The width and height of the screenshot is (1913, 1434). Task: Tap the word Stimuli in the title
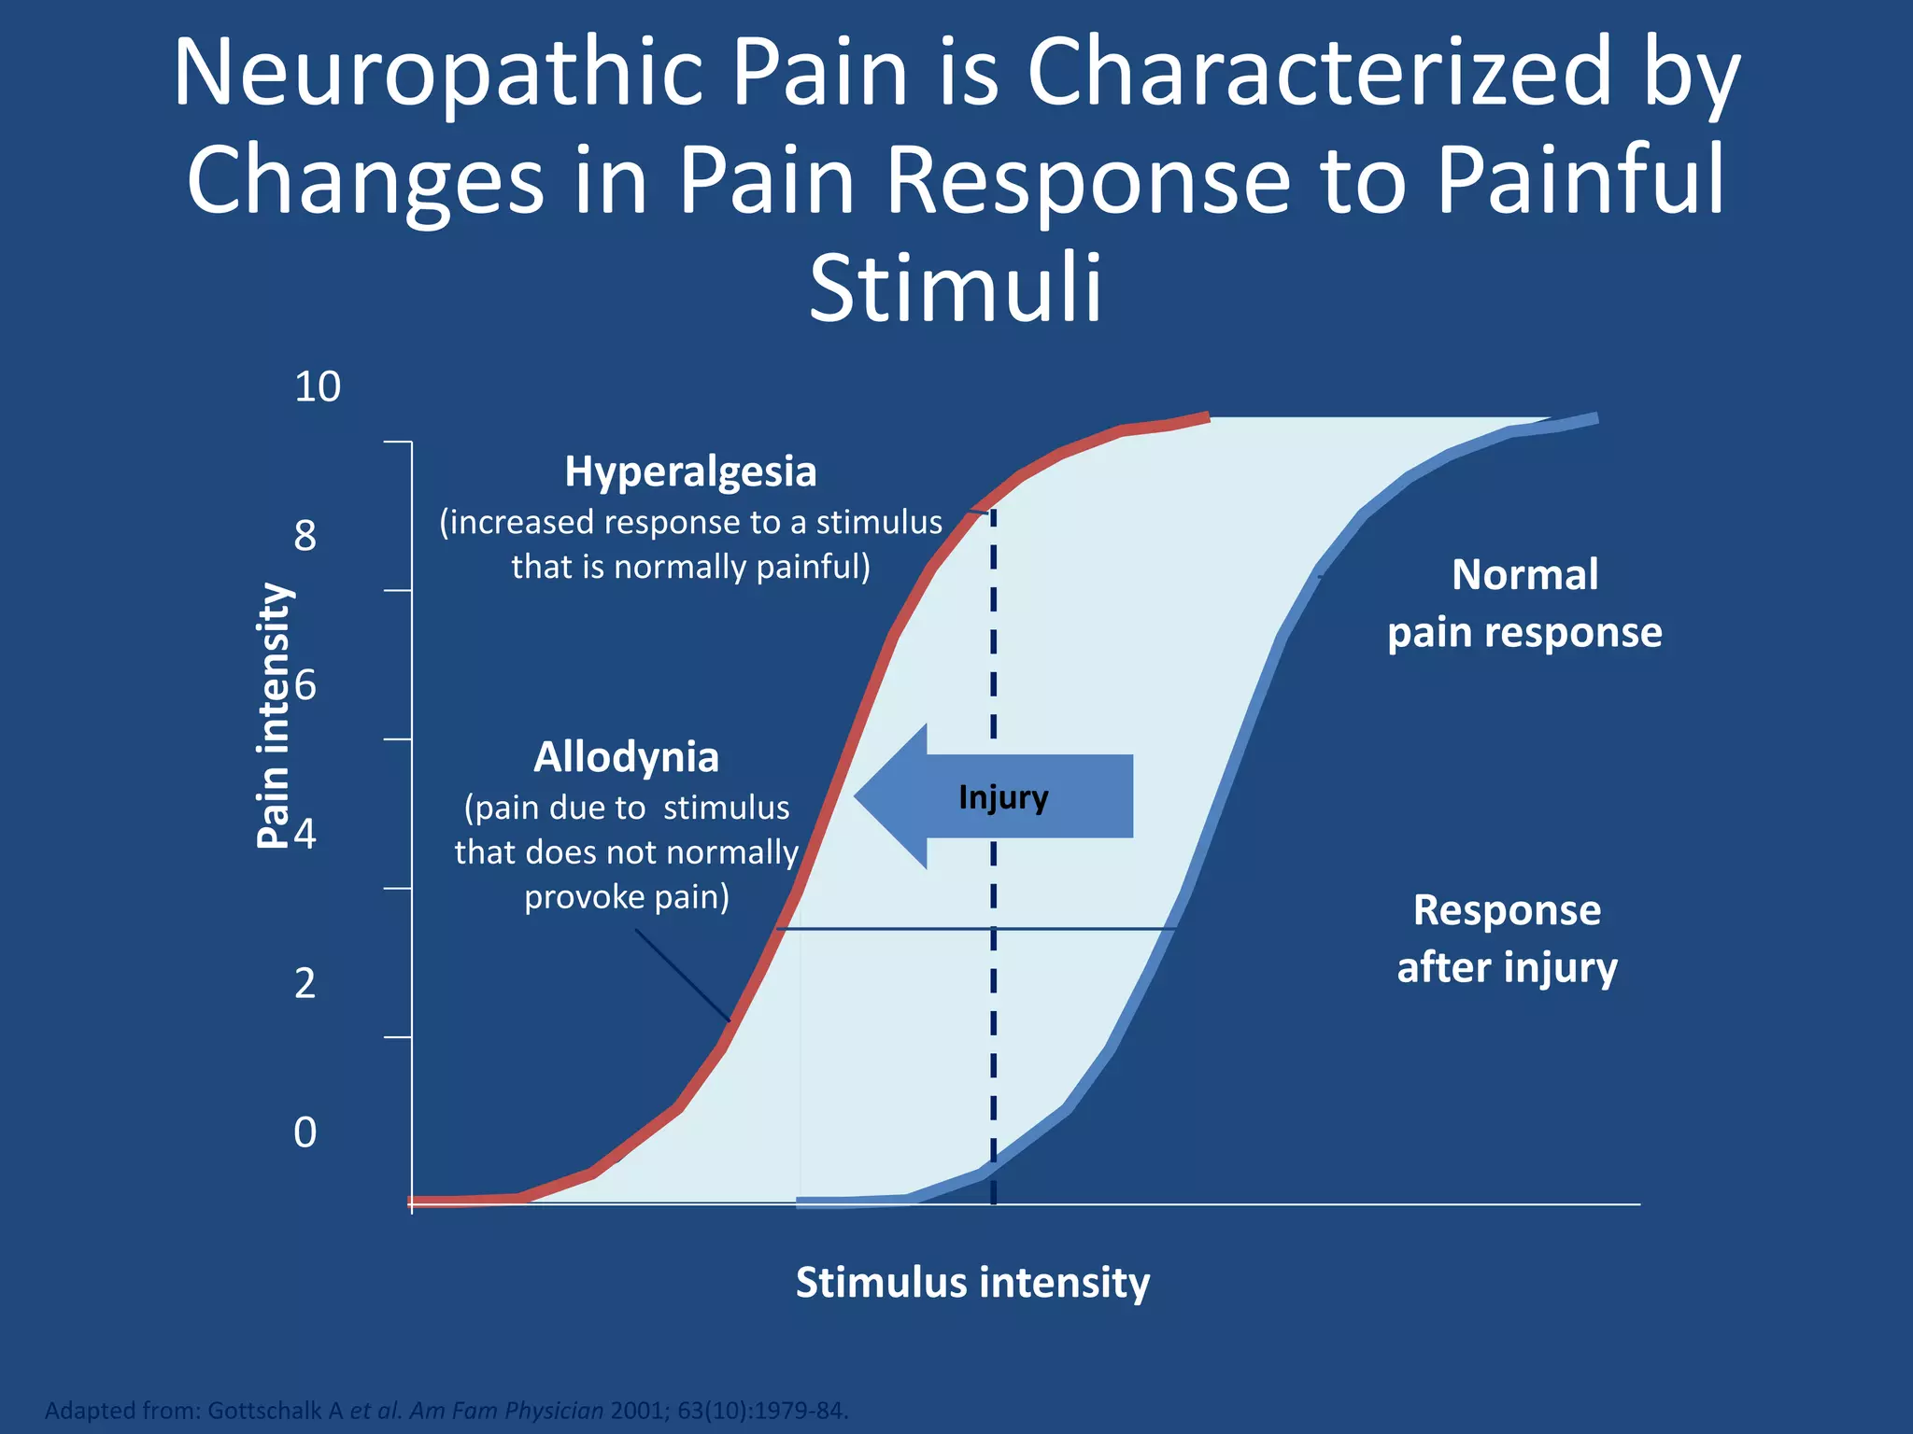click(955, 288)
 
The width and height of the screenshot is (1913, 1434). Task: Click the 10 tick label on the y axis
click(318, 387)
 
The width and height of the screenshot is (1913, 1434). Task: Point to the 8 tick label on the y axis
click(305, 536)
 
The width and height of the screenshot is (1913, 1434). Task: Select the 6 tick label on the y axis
click(305, 686)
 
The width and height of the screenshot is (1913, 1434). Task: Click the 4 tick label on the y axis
click(305, 834)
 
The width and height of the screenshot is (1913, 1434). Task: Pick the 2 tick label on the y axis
click(305, 984)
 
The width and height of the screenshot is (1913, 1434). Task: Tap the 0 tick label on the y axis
click(305, 1132)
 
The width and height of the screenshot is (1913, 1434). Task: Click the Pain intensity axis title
click(274, 715)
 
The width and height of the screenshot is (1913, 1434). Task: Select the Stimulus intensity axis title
click(972, 1283)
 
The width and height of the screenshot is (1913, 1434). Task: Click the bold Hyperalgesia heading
click(690, 472)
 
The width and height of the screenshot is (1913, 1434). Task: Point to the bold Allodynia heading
click(626, 757)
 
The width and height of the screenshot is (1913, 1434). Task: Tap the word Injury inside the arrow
click(1003, 797)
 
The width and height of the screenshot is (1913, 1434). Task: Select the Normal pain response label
click(1524, 603)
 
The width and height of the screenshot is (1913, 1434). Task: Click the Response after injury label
click(1507, 938)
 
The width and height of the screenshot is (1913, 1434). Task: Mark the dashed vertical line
click(993, 1074)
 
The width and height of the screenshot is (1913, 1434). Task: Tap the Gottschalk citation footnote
click(446, 1410)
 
